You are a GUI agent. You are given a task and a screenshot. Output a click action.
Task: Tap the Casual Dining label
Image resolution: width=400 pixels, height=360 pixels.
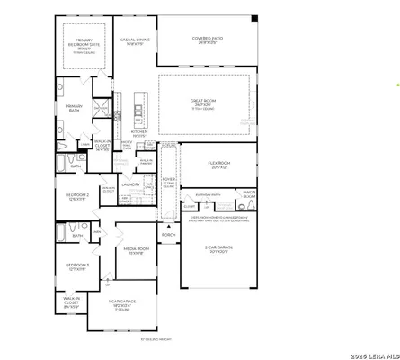(x=136, y=41)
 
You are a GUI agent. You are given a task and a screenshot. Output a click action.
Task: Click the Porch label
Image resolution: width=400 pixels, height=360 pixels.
(x=168, y=236)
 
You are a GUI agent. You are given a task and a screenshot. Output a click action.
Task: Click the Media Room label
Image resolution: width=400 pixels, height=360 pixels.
(x=136, y=249)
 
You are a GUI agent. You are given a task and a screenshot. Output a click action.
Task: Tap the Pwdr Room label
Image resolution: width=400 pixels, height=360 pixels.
(x=249, y=193)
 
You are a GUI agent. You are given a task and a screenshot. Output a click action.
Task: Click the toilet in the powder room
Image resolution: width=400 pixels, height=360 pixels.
(x=251, y=206)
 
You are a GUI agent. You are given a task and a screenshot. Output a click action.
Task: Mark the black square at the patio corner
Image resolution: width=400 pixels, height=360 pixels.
(x=253, y=18)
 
